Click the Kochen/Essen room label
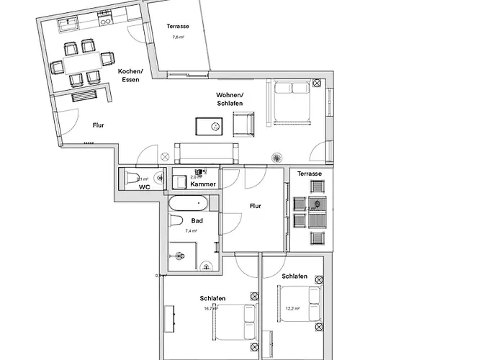(130, 76)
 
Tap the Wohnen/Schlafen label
(230, 99)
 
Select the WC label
(144, 186)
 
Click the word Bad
(197, 220)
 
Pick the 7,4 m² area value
(192, 231)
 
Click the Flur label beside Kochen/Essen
(99, 125)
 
